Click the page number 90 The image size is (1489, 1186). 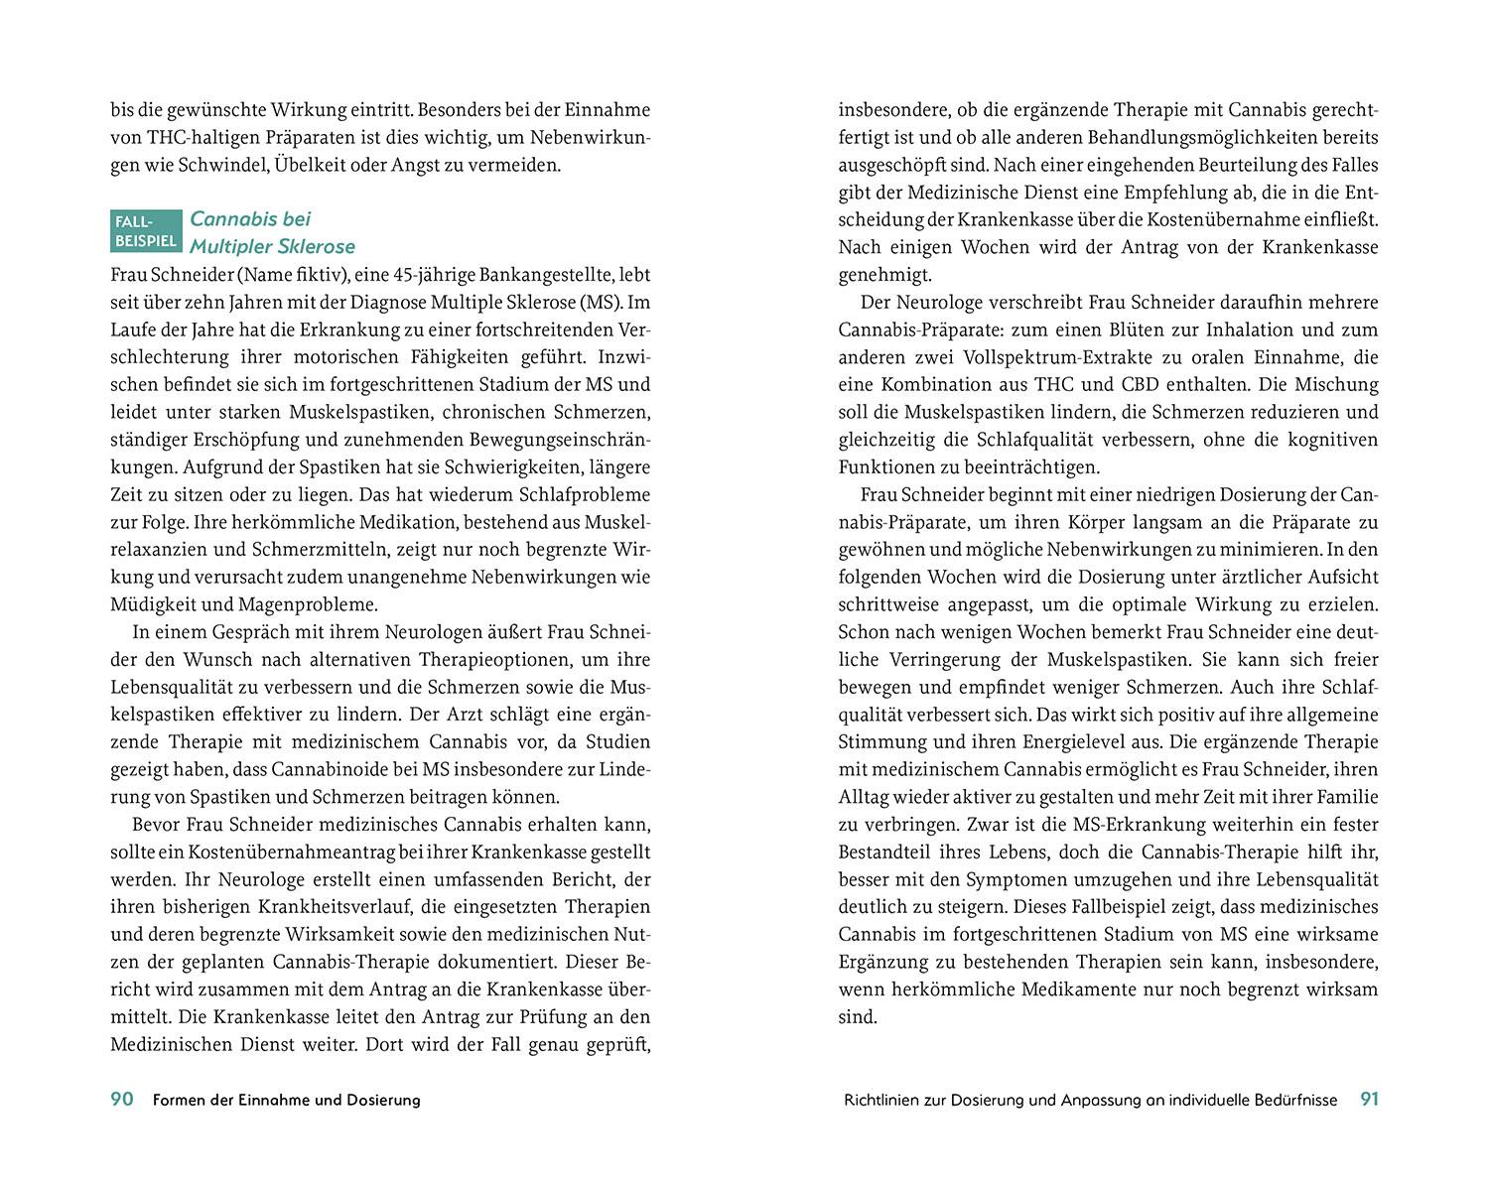coord(121,1099)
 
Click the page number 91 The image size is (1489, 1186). coord(1369,1099)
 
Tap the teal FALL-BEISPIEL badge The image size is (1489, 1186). coord(146,229)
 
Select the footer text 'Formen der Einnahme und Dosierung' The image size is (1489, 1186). coord(287,1100)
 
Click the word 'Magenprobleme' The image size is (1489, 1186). coord(317,603)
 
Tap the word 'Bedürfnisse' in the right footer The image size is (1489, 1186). coord(1291,1100)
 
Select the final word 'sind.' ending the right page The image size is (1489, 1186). coord(858,1017)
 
